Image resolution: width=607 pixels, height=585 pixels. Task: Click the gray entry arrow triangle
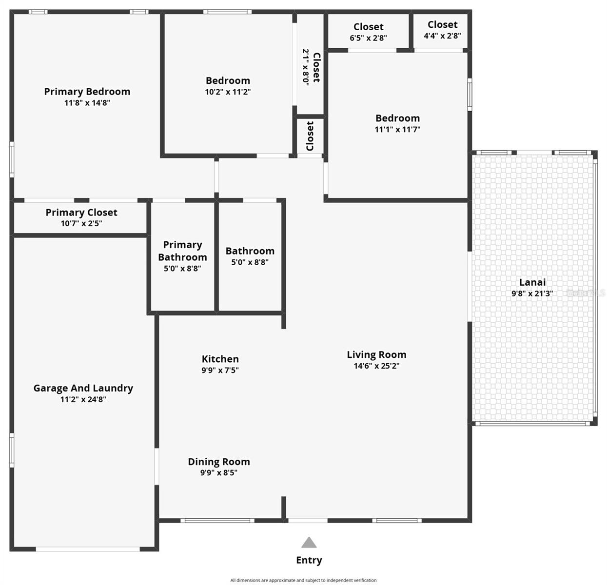click(x=309, y=543)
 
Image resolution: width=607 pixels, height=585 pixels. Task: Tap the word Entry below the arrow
click(x=309, y=560)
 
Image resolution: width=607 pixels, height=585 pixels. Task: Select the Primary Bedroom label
click(x=87, y=92)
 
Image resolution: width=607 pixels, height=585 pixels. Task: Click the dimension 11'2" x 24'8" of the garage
click(x=83, y=399)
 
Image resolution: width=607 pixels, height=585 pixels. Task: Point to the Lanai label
click(x=532, y=282)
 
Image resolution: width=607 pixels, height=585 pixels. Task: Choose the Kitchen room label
click(x=220, y=359)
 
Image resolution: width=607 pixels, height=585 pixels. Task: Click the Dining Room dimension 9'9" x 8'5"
click(x=218, y=472)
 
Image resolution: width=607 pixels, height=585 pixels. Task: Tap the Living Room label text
click(x=376, y=355)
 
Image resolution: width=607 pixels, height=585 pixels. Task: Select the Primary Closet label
click(x=81, y=213)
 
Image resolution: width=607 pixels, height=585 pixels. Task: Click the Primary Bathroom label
click(x=182, y=251)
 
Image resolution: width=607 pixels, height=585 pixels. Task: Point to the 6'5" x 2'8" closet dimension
click(x=368, y=38)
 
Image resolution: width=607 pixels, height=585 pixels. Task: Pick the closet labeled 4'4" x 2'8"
click(x=442, y=30)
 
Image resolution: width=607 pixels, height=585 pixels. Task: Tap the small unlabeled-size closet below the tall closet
click(x=310, y=136)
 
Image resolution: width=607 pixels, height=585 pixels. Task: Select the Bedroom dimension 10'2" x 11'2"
click(x=228, y=92)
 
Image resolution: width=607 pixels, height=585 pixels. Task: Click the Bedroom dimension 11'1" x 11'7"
click(x=397, y=129)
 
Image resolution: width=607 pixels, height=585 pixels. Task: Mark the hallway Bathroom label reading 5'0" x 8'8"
click(x=250, y=256)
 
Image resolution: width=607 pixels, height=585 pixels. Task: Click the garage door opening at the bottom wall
click(x=88, y=549)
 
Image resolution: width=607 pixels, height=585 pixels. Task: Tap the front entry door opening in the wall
click(x=308, y=520)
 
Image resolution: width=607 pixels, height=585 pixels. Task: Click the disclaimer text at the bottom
click(x=303, y=580)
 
